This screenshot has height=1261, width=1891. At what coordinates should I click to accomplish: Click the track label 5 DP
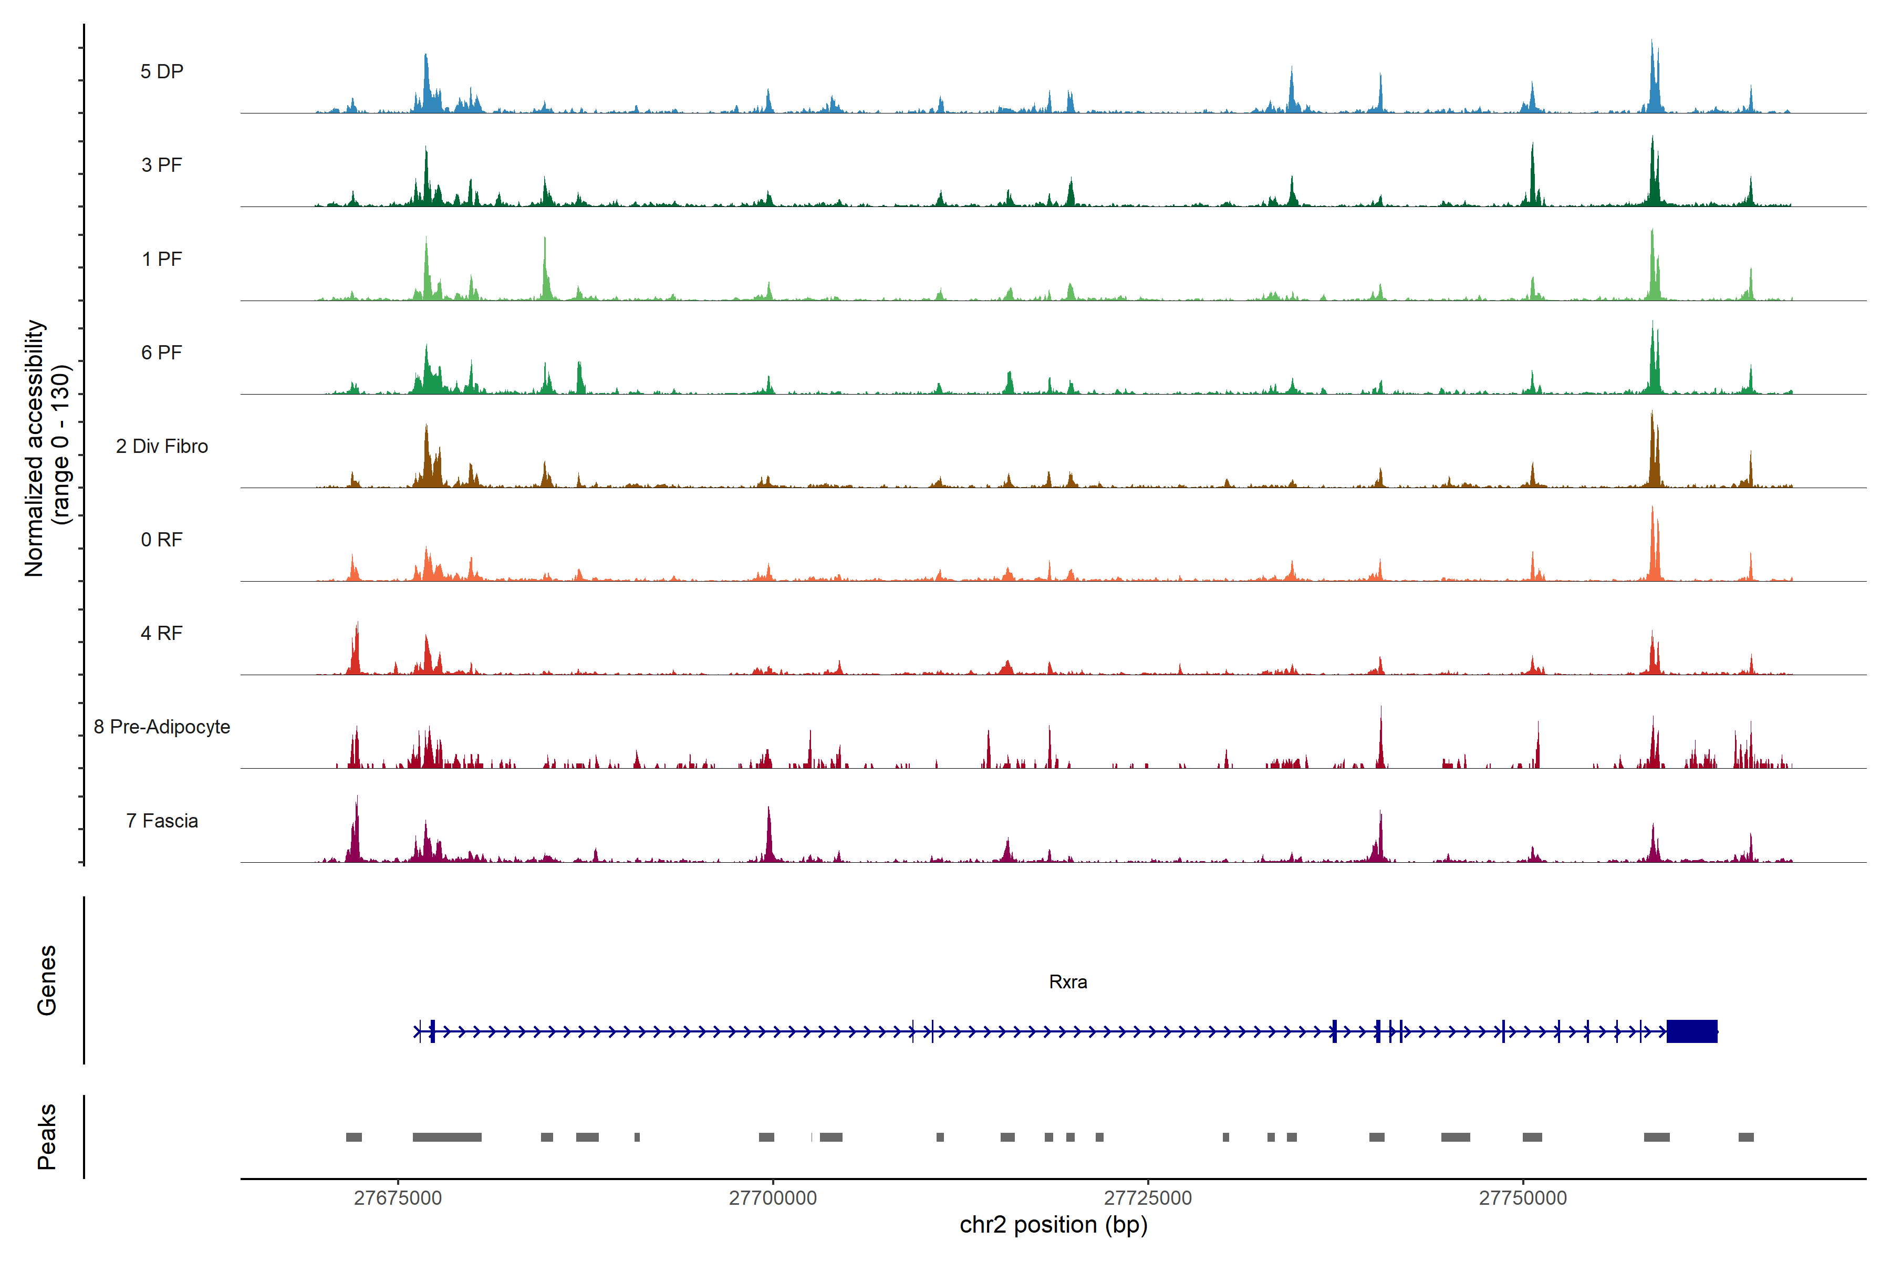162,71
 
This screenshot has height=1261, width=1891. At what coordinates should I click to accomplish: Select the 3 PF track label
162,165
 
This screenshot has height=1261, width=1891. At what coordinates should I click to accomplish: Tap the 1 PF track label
162,259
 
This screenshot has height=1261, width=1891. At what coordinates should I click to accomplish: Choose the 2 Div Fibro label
162,446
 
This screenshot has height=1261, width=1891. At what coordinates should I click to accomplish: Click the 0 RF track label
162,540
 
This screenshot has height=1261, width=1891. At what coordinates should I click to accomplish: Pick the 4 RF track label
162,633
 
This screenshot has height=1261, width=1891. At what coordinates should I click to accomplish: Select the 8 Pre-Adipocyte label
162,727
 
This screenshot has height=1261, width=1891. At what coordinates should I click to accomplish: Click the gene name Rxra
1068,982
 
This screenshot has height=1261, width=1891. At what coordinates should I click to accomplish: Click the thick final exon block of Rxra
1691,1031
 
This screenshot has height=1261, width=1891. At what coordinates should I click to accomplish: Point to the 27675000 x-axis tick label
398,1197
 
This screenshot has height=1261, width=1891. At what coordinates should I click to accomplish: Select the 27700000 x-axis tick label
773,1197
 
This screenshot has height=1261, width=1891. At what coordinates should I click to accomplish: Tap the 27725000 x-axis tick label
1148,1197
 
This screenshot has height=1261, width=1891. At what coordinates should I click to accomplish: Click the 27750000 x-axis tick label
1523,1197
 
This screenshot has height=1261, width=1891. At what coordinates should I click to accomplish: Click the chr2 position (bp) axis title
1053,1225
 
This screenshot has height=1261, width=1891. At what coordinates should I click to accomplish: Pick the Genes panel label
47,980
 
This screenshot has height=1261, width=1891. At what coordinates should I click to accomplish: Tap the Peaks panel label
47,1136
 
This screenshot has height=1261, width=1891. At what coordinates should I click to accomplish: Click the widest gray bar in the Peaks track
447,1137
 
